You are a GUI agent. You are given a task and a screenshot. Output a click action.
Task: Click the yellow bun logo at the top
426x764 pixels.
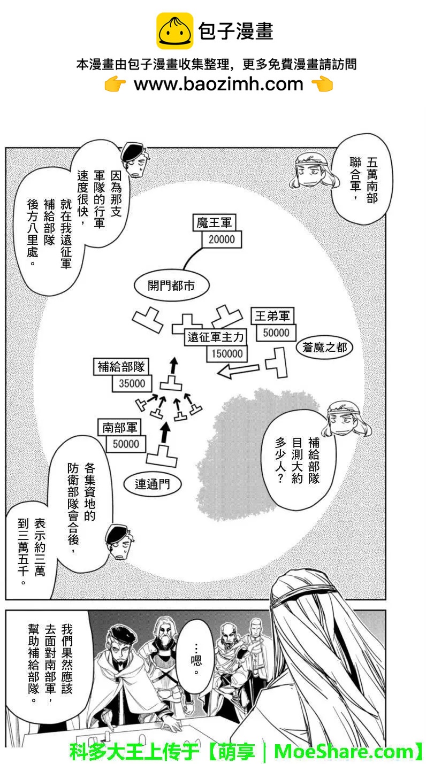[174, 31]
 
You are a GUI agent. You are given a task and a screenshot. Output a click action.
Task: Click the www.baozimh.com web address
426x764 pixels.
[218, 84]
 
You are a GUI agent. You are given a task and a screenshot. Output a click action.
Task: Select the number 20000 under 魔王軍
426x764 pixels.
[222, 240]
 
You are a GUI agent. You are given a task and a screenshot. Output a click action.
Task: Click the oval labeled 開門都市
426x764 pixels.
[171, 285]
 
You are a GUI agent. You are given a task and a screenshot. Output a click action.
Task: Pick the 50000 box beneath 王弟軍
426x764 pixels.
[276, 333]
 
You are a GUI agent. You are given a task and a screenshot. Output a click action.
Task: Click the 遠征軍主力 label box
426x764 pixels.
[216, 337]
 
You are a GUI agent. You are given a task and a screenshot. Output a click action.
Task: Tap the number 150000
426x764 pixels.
[226, 353]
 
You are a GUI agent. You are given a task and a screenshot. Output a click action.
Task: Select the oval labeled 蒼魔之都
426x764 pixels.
[324, 348]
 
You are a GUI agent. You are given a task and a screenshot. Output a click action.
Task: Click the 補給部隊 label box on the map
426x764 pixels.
[121, 367]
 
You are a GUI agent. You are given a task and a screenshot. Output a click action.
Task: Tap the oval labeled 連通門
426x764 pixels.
[152, 484]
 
